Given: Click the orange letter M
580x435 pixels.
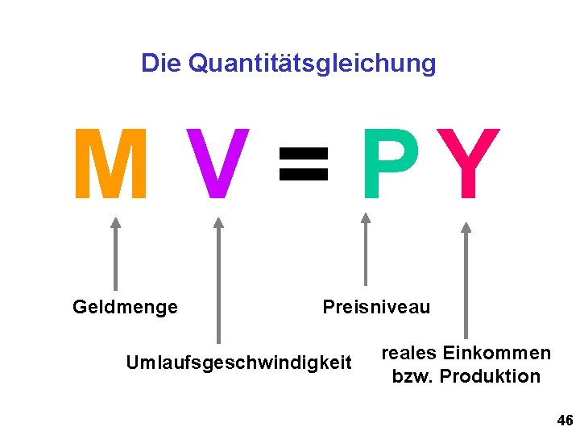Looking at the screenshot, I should point(110,164).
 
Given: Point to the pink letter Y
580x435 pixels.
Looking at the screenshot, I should point(468,164).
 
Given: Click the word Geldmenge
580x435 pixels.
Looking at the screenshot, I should point(125,307).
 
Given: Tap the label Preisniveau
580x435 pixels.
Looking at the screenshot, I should point(376,307).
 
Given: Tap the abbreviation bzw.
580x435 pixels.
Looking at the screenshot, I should point(411,376).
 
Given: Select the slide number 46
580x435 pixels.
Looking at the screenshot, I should point(565,420).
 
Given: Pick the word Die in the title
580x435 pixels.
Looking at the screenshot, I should point(161,63).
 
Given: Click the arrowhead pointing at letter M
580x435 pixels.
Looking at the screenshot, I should point(115,223).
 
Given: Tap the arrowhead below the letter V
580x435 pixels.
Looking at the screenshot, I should point(218,223).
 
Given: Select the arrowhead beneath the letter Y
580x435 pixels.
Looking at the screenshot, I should point(466,227).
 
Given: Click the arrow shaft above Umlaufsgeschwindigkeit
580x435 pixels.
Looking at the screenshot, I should point(218,290).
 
